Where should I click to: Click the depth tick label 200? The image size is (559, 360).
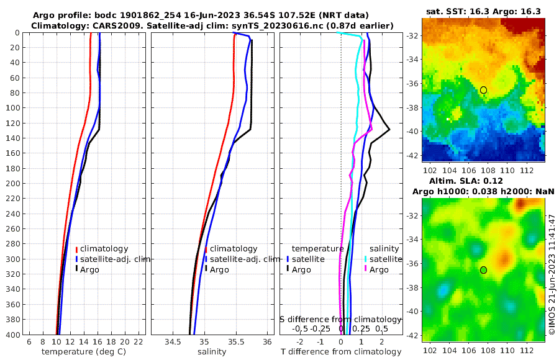tap(13, 184)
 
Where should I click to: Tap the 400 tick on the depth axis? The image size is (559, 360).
tap(13, 335)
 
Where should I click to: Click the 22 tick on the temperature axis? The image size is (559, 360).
tap(139, 342)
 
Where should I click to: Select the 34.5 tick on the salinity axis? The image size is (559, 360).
tap(174, 342)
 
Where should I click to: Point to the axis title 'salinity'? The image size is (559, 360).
tap(212, 352)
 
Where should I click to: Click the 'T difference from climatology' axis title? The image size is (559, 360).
tap(340, 352)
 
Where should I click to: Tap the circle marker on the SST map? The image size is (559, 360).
tap(483, 90)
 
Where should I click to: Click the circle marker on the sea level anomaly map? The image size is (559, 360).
tap(483, 270)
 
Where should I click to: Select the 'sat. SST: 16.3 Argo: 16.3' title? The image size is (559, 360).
tap(483, 11)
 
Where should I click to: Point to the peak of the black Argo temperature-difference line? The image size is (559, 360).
tap(389, 129)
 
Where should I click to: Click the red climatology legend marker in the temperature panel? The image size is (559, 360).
tap(76, 250)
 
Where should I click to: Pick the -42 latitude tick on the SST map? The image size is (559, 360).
tap(411, 155)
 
